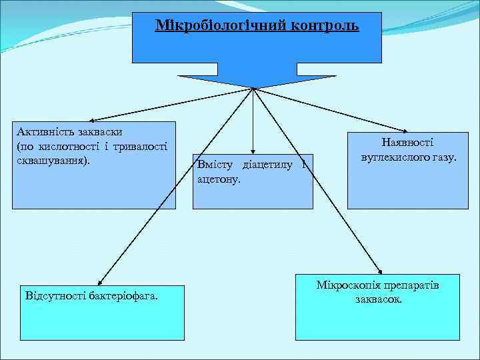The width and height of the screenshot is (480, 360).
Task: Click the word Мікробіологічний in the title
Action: click(x=213, y=26)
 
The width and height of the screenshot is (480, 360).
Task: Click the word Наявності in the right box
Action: click(x=407, y=142)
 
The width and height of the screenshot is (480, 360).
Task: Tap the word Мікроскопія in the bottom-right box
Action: click(x=345, y=285)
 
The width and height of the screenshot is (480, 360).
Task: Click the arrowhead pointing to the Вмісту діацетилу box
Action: click(x=253, y=151)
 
